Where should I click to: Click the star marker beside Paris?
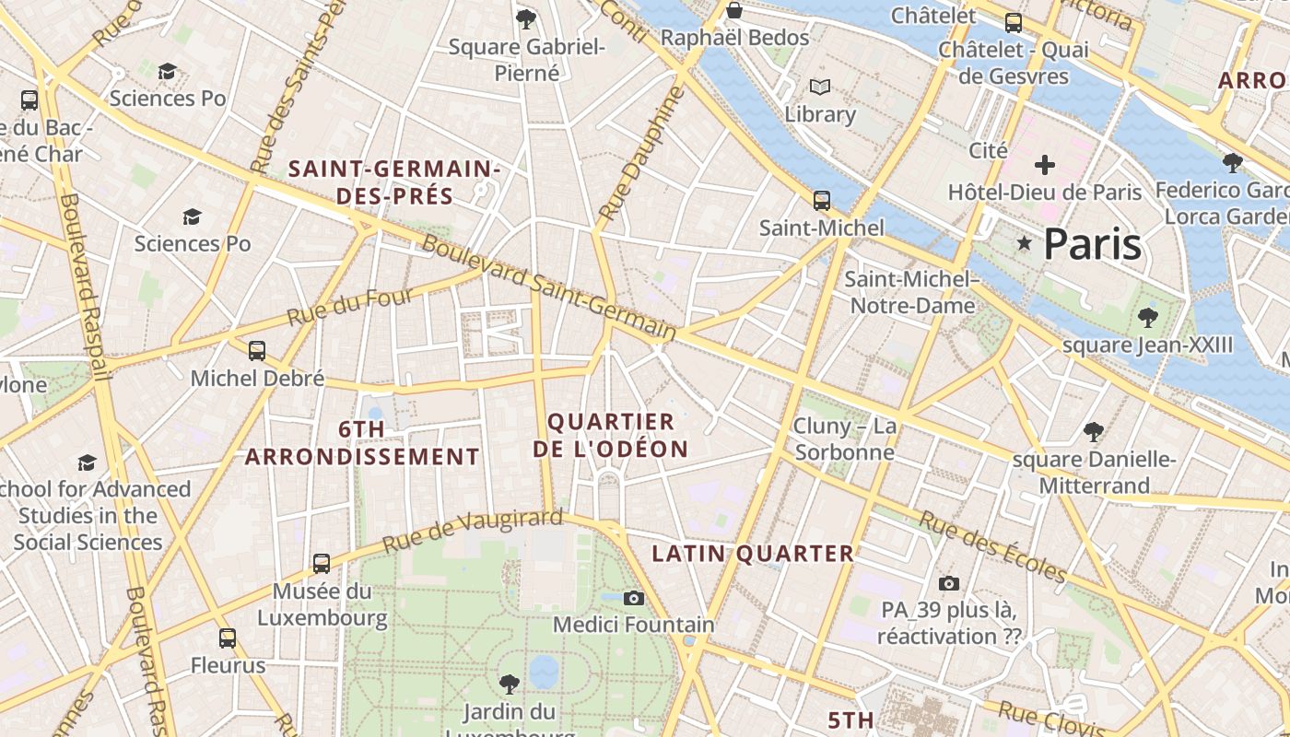coord(1024,243)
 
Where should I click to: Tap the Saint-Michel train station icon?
coord(821,200)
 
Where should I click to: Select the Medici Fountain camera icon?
coord(633,598)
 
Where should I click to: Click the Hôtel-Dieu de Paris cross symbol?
coord(1044,166)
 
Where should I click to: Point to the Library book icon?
coord(820,88)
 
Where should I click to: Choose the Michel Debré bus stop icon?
coord(257,351)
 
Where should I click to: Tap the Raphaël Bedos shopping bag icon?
coord(734,10)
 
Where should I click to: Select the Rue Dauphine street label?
coord(642,153)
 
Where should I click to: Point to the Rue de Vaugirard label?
coord(472,531)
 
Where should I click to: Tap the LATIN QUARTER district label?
coord(753,554)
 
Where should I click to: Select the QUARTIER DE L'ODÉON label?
coord(616,436)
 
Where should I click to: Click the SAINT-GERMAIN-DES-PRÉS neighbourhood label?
coord(394,182)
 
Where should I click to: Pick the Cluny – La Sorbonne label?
coord(845,439)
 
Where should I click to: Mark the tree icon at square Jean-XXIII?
coord(1147,318)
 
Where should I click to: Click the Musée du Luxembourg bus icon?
coord(322,563)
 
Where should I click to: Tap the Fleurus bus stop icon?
coord(228,638)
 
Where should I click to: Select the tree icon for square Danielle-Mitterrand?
coord(1094,431)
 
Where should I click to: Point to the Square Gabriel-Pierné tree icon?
coord(526,18)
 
